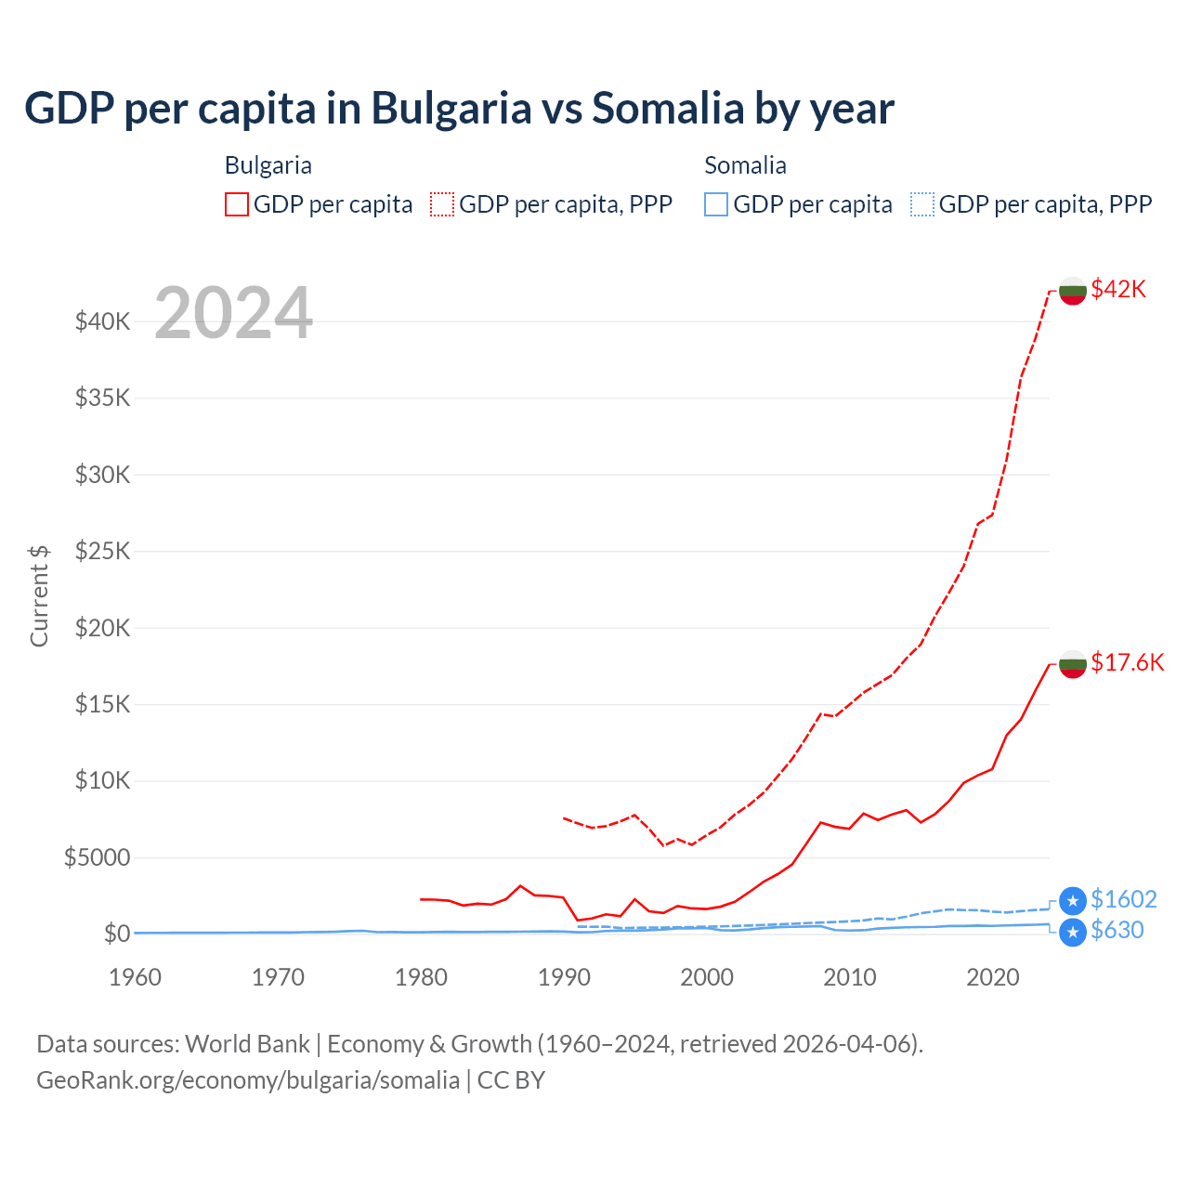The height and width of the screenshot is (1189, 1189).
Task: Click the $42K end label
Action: coord(1118,289)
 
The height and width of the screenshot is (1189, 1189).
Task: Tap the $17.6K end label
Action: coord(1127,662)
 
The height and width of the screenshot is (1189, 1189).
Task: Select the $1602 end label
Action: coord(1123,899)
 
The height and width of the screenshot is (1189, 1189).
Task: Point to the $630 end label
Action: coord(1117,930)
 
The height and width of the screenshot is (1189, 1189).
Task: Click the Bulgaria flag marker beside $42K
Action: coord(1073,290)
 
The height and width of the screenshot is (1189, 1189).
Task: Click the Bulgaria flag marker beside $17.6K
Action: coord(1073,663)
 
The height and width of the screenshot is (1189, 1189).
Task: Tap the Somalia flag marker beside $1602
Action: coord(1073,900)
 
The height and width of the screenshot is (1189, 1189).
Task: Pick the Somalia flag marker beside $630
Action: coord(1073,932)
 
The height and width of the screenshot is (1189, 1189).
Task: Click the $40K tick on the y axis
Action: coord(102,322)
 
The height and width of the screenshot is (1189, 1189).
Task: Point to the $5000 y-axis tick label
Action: coord(97,857)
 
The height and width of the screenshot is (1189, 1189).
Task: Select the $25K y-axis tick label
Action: coord(102,552)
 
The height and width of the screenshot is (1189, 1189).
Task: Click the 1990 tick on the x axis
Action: coord(564,977)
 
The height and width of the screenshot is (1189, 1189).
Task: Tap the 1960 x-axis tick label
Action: coord(136,977)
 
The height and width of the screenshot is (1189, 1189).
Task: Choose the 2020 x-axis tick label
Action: coord(992,977)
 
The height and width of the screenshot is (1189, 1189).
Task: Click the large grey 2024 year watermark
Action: coord(233,313)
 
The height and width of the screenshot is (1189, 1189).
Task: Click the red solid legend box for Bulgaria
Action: coord(237,204)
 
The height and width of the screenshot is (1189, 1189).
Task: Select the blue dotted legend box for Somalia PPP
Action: coord(922,204)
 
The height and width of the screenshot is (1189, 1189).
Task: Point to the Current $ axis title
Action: coord(39,595)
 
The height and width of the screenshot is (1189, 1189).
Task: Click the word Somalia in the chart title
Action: coord(668,108)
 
